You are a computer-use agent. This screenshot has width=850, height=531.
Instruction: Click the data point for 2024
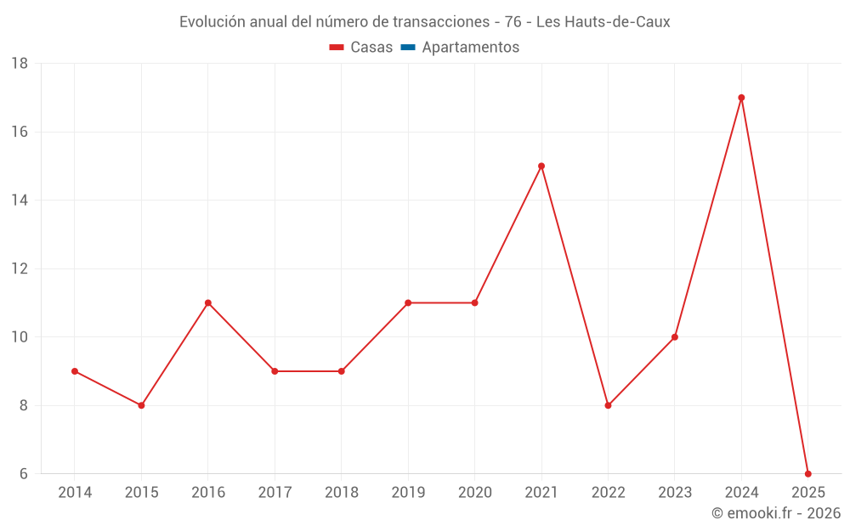pyautogui.click(x=741, y=98)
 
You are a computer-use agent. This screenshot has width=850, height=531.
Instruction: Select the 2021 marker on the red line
pyautogui.click(x=541, y=166)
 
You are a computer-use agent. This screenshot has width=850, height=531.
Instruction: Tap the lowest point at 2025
pyautogui.click(x=807, y=474)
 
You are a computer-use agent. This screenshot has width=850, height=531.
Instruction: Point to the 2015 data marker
pyautogui.click(x=141, y=405)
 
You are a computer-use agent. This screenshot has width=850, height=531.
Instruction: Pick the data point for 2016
pyautogui.click(x=208, y=302)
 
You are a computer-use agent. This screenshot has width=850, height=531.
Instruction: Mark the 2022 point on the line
pyautogui.click(x=608, y=405)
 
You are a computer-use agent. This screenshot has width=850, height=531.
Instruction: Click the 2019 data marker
pyautogui.click(x=408, y=302)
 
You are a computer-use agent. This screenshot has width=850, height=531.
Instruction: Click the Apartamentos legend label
pyautogui.click(x=470, y=48)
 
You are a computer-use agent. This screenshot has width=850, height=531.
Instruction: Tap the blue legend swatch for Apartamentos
pyautogui.click(x=408, y=48)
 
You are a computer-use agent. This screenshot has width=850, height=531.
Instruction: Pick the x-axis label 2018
pyautogui.click(x=342, y=493)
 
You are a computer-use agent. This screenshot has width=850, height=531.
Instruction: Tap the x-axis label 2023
pyautogui.click(x=675, y=493)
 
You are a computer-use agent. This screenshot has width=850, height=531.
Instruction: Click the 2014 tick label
pyautogui.click(x=75, y=493)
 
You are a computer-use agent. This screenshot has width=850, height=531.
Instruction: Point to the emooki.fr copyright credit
pyautogui.click(x=775, y=513)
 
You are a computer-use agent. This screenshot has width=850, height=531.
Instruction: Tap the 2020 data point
pyautogui.click(x=474, y=302)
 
